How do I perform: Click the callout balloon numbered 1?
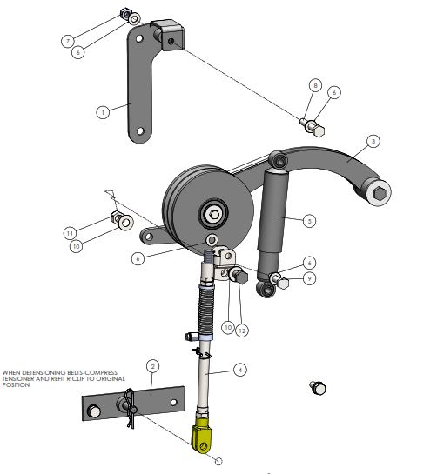(x=103, y=112)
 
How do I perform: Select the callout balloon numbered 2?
(x=152, y=366)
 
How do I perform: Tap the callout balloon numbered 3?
(x=373, y=141)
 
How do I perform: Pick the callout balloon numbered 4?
(x=240, y=370)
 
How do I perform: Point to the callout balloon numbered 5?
(x=309, y=221)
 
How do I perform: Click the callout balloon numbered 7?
(x=68, y=41)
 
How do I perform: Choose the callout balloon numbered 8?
(x=316, y=85)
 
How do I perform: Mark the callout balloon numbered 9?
(x=309, y=278)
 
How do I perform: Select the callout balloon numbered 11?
(x=70, y=233)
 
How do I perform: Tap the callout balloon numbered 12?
(x=242, y=330)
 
